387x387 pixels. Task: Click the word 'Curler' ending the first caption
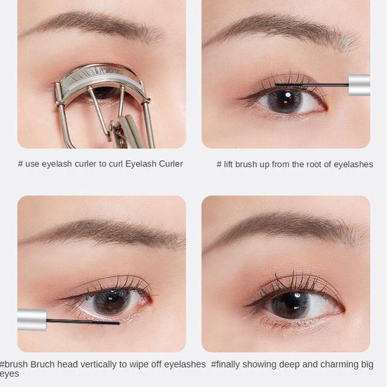(171, 164)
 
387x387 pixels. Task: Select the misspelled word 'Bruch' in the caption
(42, 364)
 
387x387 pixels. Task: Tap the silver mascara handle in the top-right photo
(359, 85)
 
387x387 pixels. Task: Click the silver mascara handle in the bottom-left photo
(32, 320)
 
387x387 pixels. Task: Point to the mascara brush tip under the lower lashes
(106, 322)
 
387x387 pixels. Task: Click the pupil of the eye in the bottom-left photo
(112, 303)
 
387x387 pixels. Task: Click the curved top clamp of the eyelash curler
(99, 74)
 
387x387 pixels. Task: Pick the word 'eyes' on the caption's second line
(9, 374)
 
